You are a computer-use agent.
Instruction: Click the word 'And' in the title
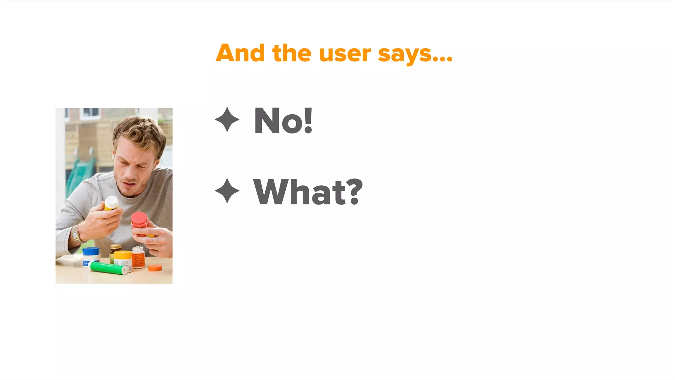click(x=240, y=53)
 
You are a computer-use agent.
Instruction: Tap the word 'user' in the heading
click(x=345, y=54)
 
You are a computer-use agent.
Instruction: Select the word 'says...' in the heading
click(x=415, y=55)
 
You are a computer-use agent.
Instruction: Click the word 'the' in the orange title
click(x=292, y=53)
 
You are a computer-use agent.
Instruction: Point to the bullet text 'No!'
click(x=283, y=121)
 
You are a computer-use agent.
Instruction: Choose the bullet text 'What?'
click(x=308, y=192)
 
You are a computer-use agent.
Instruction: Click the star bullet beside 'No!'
click(x=227, y=119)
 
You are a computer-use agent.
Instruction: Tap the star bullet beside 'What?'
click(x=227, y=191)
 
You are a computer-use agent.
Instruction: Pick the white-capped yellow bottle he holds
click(x=111, y=203)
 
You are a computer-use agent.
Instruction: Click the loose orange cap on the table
click(x=155, y=268)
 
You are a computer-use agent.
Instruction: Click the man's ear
click(x=156, y=164)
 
